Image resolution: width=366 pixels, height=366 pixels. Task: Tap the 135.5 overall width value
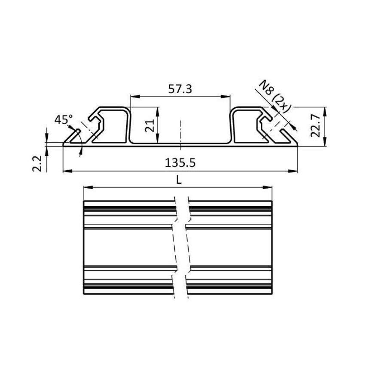[x=180, y=163]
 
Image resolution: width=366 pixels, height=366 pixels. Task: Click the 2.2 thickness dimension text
[x=37, y=164]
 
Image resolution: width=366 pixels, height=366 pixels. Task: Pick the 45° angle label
[x=64, y=119]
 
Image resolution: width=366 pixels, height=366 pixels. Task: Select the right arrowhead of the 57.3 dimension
[x=228, y=97]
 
